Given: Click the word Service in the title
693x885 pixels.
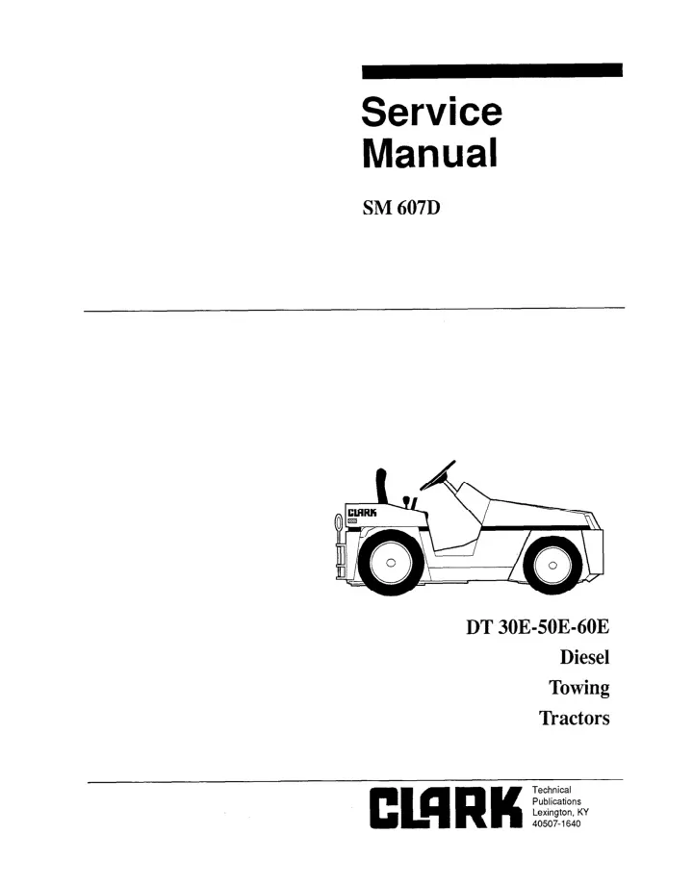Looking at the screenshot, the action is point(431,112).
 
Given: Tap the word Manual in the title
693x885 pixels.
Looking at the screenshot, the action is point(430,153).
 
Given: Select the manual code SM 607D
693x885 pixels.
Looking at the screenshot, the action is point(401,209).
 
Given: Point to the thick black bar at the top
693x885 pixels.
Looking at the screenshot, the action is point(492,70).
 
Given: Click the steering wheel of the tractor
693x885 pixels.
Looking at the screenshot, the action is point(438,475).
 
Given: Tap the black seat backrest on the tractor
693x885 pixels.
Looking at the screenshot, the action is point(382,486).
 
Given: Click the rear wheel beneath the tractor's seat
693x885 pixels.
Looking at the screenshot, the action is point(389,563).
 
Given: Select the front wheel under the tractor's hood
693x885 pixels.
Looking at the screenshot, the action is point(552,565).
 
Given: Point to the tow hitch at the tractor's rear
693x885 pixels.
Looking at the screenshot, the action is point(339,545).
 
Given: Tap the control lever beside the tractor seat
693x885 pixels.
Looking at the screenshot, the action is point(408,502).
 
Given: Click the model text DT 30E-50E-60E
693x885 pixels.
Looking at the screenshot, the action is point(538,627).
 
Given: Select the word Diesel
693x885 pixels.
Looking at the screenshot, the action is point(584,657).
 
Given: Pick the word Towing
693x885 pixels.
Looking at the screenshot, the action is point(579,688).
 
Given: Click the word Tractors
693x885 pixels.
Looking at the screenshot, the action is point(575,718).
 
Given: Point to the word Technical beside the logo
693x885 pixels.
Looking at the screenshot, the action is point(552,790).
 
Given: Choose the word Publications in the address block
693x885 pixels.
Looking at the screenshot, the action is point(557,801).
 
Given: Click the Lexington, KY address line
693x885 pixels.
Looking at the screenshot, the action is point(561,813).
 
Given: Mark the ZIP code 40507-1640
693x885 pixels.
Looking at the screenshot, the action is point(556,824).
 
